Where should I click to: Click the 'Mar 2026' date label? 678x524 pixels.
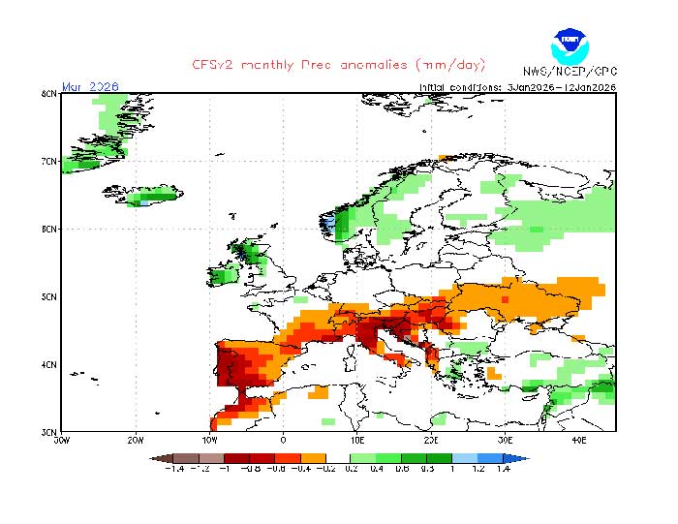(89, 86)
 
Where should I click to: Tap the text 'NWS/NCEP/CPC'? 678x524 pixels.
(569, 73)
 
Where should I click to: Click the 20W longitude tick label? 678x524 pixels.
(136, 439)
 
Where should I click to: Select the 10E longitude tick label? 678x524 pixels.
(357, 439)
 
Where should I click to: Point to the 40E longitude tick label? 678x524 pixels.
(579, 439)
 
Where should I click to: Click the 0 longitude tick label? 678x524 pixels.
(283, 439)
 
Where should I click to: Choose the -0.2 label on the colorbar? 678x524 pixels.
(325, 470)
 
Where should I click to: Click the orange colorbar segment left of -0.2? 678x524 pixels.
(313, 458)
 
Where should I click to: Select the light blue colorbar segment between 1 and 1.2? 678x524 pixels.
(464, 458)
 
